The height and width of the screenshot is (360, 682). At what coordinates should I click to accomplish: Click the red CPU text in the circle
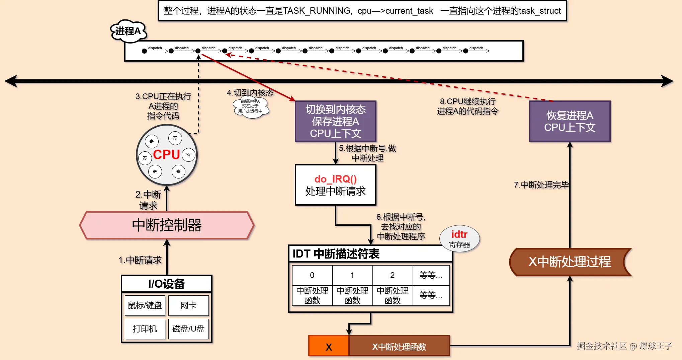pos(166,155)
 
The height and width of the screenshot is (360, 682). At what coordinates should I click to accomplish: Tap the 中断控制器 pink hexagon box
pos(167,225)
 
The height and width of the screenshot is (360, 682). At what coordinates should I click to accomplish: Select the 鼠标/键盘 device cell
pos(145,305)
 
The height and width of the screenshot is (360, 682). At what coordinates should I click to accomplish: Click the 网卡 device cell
pos(188,305)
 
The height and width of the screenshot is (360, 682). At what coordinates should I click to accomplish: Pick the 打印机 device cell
pos(145,329)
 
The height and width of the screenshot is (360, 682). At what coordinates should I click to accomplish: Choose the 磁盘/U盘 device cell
pos(188,329)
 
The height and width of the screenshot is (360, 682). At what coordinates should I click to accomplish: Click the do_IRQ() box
pos(335,185)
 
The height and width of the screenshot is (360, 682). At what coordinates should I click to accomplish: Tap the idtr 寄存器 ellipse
pos(459,238)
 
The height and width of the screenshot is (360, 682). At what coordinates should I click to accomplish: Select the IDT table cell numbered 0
pos(312,275)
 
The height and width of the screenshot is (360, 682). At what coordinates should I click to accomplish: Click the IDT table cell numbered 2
pos(392,275)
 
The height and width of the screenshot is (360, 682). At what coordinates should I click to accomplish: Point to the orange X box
pos(329,346)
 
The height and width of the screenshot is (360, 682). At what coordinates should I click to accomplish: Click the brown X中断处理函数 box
pos(399,346)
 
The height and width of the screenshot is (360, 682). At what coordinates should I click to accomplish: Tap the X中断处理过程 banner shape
pos(570,262)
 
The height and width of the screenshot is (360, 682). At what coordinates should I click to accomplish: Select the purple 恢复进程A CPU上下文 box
pos(570,121)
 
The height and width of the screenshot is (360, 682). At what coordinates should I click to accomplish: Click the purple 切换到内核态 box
pos(335,121)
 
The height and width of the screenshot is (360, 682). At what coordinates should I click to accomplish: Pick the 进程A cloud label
pos(128,31)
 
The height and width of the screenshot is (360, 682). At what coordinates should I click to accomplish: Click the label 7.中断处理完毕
pos(541,185)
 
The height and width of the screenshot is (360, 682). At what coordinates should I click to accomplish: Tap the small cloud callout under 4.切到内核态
pos(250,106)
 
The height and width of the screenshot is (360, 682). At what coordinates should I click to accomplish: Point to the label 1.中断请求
pos(140,260)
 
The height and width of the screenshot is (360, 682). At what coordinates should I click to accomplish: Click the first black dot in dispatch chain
pos(144,51)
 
